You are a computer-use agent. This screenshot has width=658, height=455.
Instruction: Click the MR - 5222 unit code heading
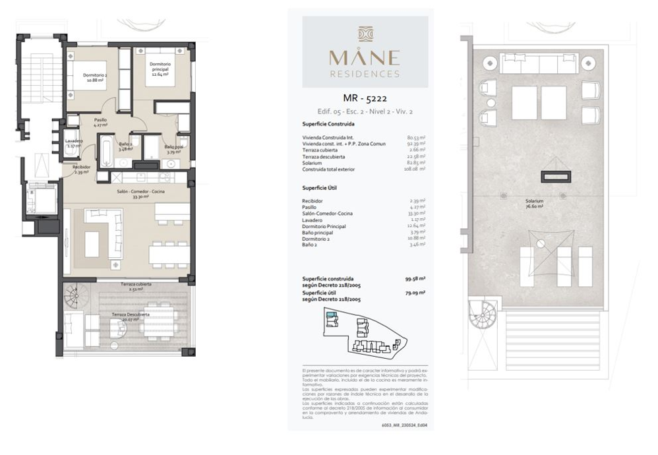point(365,99)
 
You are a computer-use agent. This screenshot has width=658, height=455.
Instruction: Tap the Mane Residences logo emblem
point(365,34)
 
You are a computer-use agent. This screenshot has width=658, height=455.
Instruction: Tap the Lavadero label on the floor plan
point(73,143)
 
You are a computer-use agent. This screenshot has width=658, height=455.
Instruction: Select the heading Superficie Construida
point(328,124)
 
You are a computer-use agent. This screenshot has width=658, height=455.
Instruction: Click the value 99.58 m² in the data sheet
point(414,279)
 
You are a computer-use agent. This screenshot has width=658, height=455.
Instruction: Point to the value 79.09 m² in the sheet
point(414,292)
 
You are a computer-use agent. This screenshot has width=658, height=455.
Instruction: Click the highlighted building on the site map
point(332,317)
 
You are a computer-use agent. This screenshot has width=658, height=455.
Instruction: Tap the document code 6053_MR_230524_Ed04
point(404,425)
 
